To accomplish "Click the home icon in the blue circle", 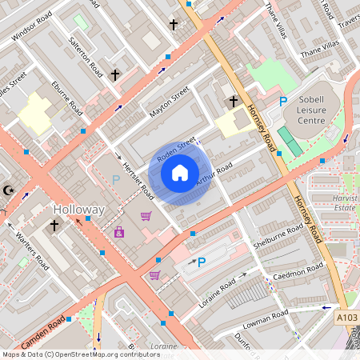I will (180, 173).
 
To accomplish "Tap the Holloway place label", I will (78, 210).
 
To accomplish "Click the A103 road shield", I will (346, 318).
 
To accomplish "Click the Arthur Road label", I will (213, 176).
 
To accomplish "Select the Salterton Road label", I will (86, 54).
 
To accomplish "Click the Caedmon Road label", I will (298, 271).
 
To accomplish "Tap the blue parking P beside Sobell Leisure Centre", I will (282, 102).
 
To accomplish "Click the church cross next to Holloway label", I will (54, 226).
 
